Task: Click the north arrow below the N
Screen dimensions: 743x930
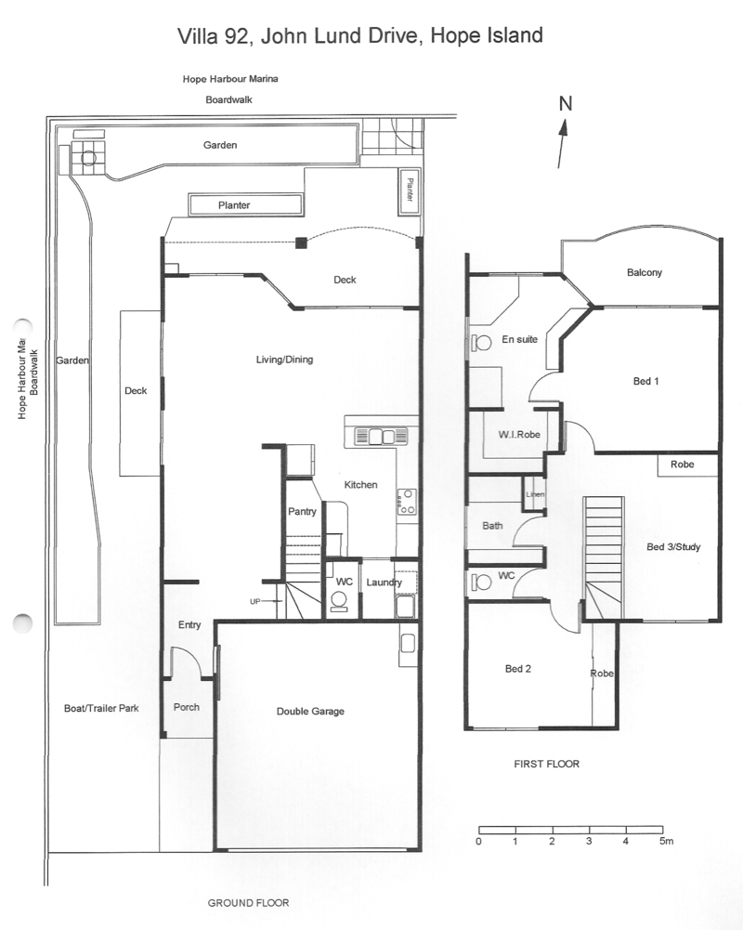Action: [x=562, y=144]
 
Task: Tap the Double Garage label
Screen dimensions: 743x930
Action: [x=310, y=711]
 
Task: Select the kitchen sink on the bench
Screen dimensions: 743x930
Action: [x=382, y=437]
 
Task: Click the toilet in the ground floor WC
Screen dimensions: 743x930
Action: [x=339, y=602]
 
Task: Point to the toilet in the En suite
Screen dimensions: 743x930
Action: [x=481, y=343]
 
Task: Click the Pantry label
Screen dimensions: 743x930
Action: [x=302, y=511]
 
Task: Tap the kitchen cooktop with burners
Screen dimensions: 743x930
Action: [x=407, y=501]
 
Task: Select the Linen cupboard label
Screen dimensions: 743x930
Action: [x=535, y=494]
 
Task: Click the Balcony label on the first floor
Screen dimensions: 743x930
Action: [x=644, y=273]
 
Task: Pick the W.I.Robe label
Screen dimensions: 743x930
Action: [x=519, y=434]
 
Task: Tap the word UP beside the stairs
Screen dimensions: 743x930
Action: [x=255, y=601]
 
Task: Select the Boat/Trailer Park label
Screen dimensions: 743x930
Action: [x=101, y=708]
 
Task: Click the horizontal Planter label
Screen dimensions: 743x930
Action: [x=234, y=205]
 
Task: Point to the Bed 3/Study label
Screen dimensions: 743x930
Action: [x=673, y=547]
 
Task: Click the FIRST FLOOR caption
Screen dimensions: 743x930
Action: [x=546, y=764]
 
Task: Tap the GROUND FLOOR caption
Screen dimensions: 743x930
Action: [x=248, y=903]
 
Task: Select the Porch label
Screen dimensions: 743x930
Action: [x=186, y=707]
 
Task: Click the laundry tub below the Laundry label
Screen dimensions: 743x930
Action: [x=406, y=607]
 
